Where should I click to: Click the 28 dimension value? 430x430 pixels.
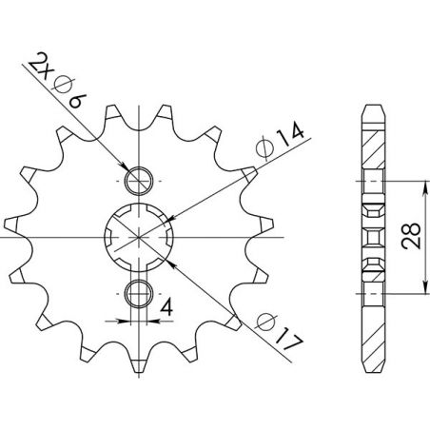tap(410, 236)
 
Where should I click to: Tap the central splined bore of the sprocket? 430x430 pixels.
tap(139, 234)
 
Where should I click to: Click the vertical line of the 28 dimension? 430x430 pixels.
tap(423, 234)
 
